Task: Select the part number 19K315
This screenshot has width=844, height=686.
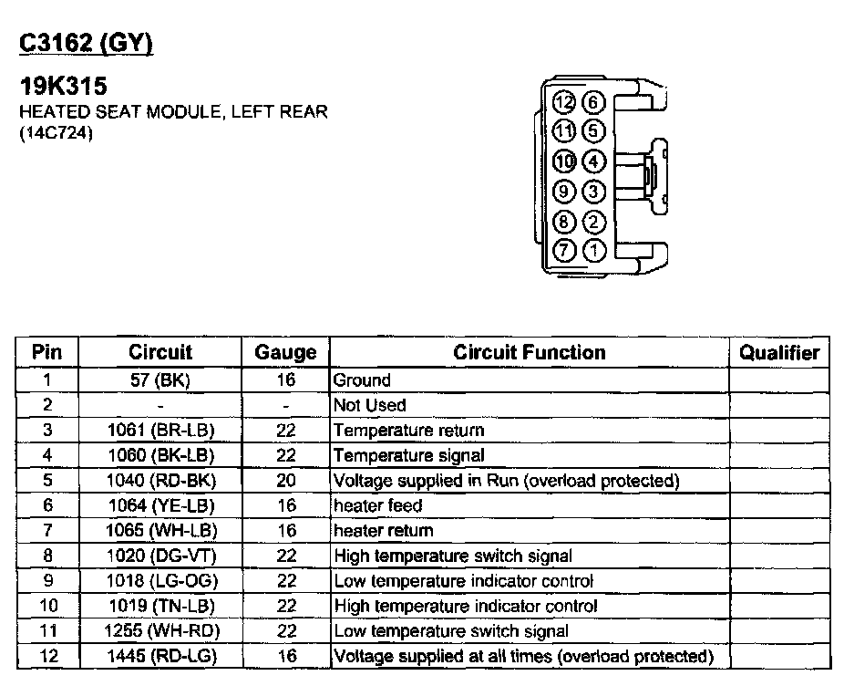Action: click(64, 88)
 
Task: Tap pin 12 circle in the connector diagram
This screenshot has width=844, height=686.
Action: click(565, 102)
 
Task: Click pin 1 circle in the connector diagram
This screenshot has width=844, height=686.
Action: click(593, 249)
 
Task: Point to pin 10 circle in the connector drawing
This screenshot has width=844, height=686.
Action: click(565, 161)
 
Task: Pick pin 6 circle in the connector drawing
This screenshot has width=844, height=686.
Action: click(593, 102)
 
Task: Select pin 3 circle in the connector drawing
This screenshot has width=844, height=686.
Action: click(593, 192)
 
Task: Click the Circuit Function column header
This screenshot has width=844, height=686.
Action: click(529, 352)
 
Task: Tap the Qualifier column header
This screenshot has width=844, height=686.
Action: click(779, 352)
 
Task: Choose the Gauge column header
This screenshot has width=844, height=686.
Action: click(285, 352)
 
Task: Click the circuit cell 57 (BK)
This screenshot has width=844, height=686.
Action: click(160, 380)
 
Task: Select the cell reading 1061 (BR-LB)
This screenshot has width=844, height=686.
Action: click(160, 430)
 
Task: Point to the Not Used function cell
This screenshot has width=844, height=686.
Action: click(370, 405)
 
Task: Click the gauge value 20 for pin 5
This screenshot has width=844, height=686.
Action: click(285, 480)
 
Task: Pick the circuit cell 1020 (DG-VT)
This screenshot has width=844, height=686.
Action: click(160, 556)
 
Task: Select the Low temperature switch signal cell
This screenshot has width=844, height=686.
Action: click(451, 630)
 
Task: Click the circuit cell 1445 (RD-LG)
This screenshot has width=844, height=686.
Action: click(160, 656)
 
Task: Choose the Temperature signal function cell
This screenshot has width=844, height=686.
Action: click(409, 455)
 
